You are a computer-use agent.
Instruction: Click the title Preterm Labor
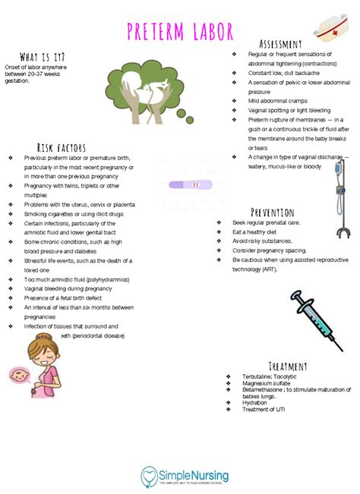pos(179,33)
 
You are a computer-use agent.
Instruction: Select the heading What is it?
pos(42,58)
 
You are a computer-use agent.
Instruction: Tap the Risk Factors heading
pos(61,146)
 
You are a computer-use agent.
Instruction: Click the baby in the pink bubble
pos(17,375)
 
